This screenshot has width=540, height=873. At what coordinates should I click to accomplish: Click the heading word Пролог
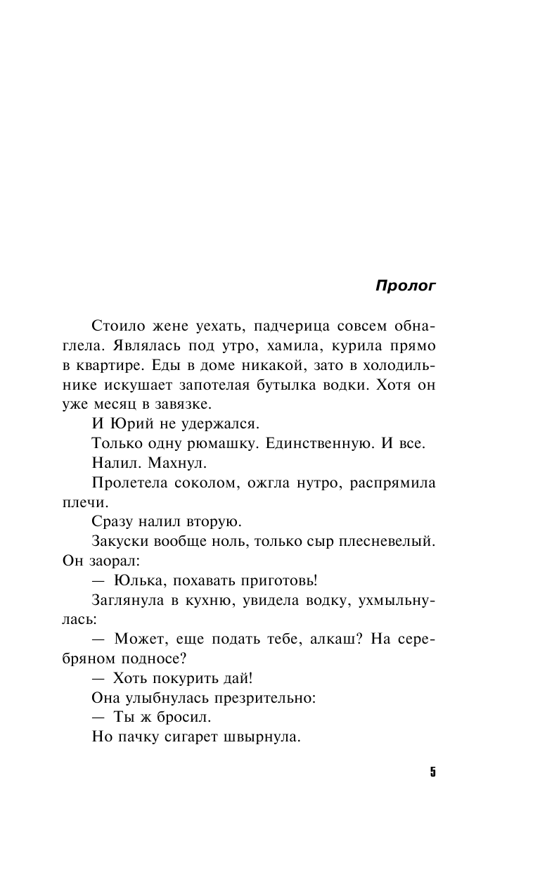coord(406,286)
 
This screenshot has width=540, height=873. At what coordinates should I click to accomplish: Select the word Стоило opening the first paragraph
coord(116,327)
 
